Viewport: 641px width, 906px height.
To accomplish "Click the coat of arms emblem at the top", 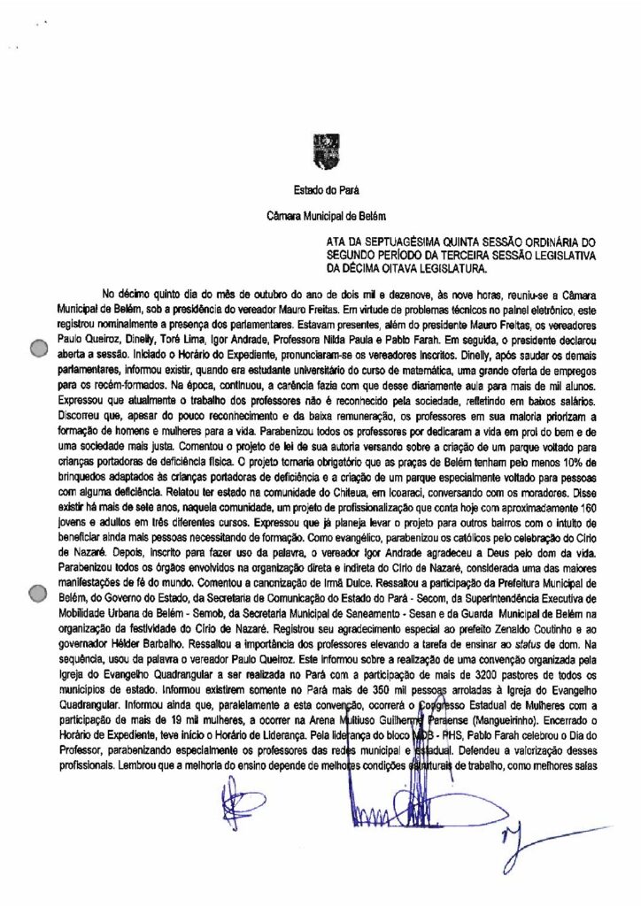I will [320, 150].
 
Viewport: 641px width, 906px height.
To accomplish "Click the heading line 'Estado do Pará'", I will [320, 189].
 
